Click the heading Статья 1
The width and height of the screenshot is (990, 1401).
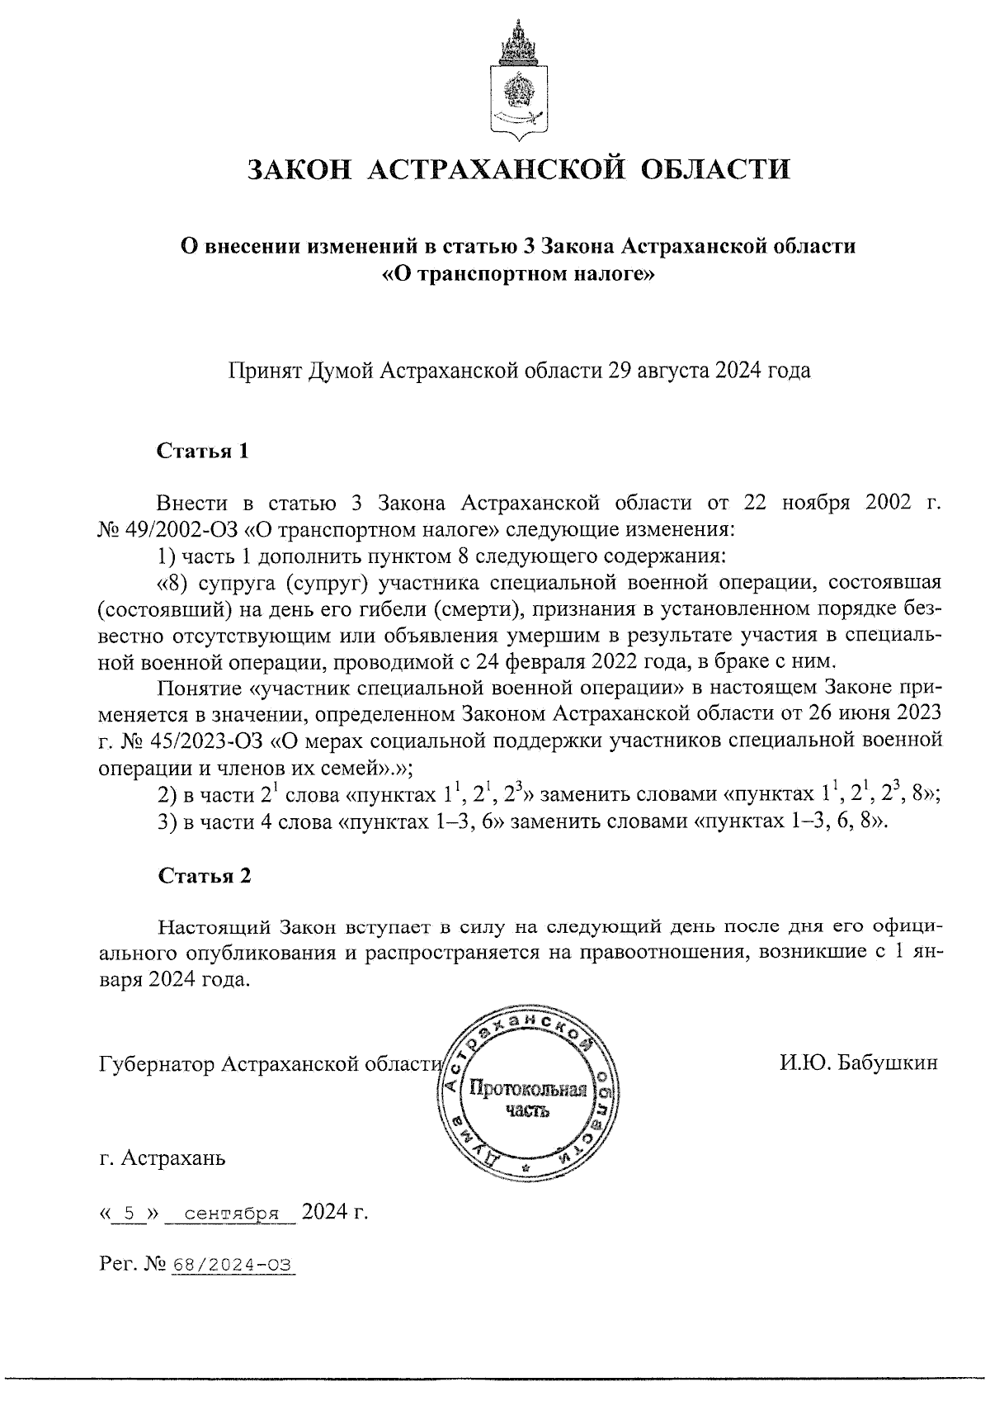pos(203,452)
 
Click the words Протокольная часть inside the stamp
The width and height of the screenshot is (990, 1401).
pos(527,1100)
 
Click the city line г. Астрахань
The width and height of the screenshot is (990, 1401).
pos(162,1158)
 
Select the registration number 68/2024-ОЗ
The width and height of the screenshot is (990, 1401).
pos(233,1265)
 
